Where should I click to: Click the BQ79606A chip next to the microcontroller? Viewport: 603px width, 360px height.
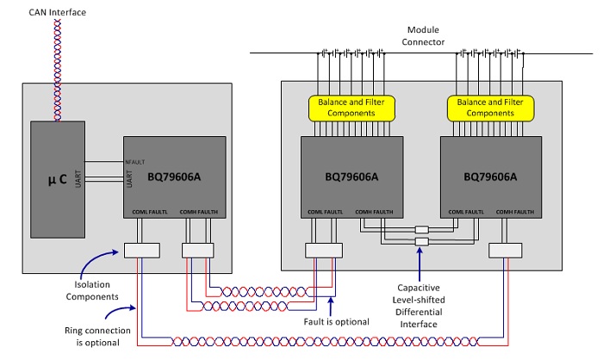[x=173, y=176]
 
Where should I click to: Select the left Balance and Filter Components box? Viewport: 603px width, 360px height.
[x=351, y=108]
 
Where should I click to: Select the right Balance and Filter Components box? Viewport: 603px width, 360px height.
[x=490, y=108]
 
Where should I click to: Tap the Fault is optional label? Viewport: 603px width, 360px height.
[x=344, y=321]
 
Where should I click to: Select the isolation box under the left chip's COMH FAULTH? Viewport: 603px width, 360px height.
[x=196, y=250]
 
